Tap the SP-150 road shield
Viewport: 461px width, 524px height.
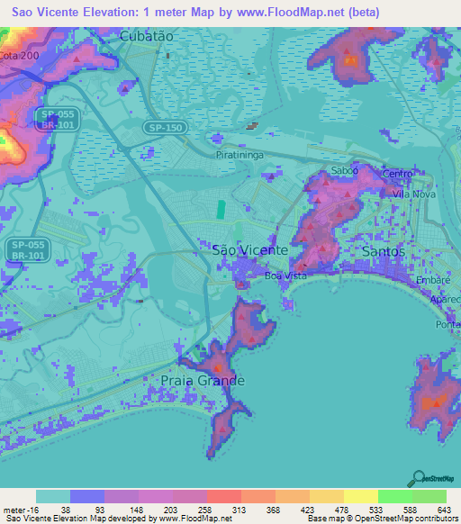[166, 130]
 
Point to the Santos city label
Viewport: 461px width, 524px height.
[382, 251]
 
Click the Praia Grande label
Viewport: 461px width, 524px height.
[202, 381]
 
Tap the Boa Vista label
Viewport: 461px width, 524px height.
[285, 276]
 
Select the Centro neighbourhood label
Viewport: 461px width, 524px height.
[398, 174]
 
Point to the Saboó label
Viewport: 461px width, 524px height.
[345, 170]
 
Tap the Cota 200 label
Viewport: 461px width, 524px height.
[21, 56]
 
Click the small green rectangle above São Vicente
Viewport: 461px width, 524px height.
[221, 210]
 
